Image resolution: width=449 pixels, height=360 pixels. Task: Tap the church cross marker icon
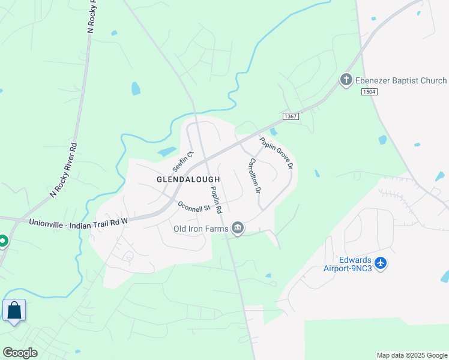(x=346, y=80)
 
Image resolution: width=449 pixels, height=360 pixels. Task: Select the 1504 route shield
(x=369, y=92)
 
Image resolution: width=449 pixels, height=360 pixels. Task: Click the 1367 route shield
(x=290, y=116)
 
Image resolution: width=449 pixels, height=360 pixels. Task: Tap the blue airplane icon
(x=380, y=263)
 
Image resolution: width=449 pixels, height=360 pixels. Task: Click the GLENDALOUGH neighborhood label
(x=188, y=179)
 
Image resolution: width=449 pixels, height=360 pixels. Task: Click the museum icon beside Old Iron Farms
(x=238, y=228)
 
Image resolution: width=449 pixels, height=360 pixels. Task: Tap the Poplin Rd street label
(x=215, y=200)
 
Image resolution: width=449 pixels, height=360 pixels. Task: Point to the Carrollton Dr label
(x=255, y=175)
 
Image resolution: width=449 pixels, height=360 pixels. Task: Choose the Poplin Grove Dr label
(x=277, y=153)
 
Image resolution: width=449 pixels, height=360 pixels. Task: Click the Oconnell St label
(x=193, y=206)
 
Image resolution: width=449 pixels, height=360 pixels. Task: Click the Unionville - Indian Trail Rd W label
(x=79, y=221)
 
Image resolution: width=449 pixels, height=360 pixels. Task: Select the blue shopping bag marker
(x=14, y=311)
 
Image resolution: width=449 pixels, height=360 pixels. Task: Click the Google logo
(x=20, y=352)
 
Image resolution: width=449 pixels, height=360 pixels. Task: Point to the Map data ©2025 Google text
(x=412, y=355)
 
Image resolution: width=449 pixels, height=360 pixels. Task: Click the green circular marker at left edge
(x=2, y=241)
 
